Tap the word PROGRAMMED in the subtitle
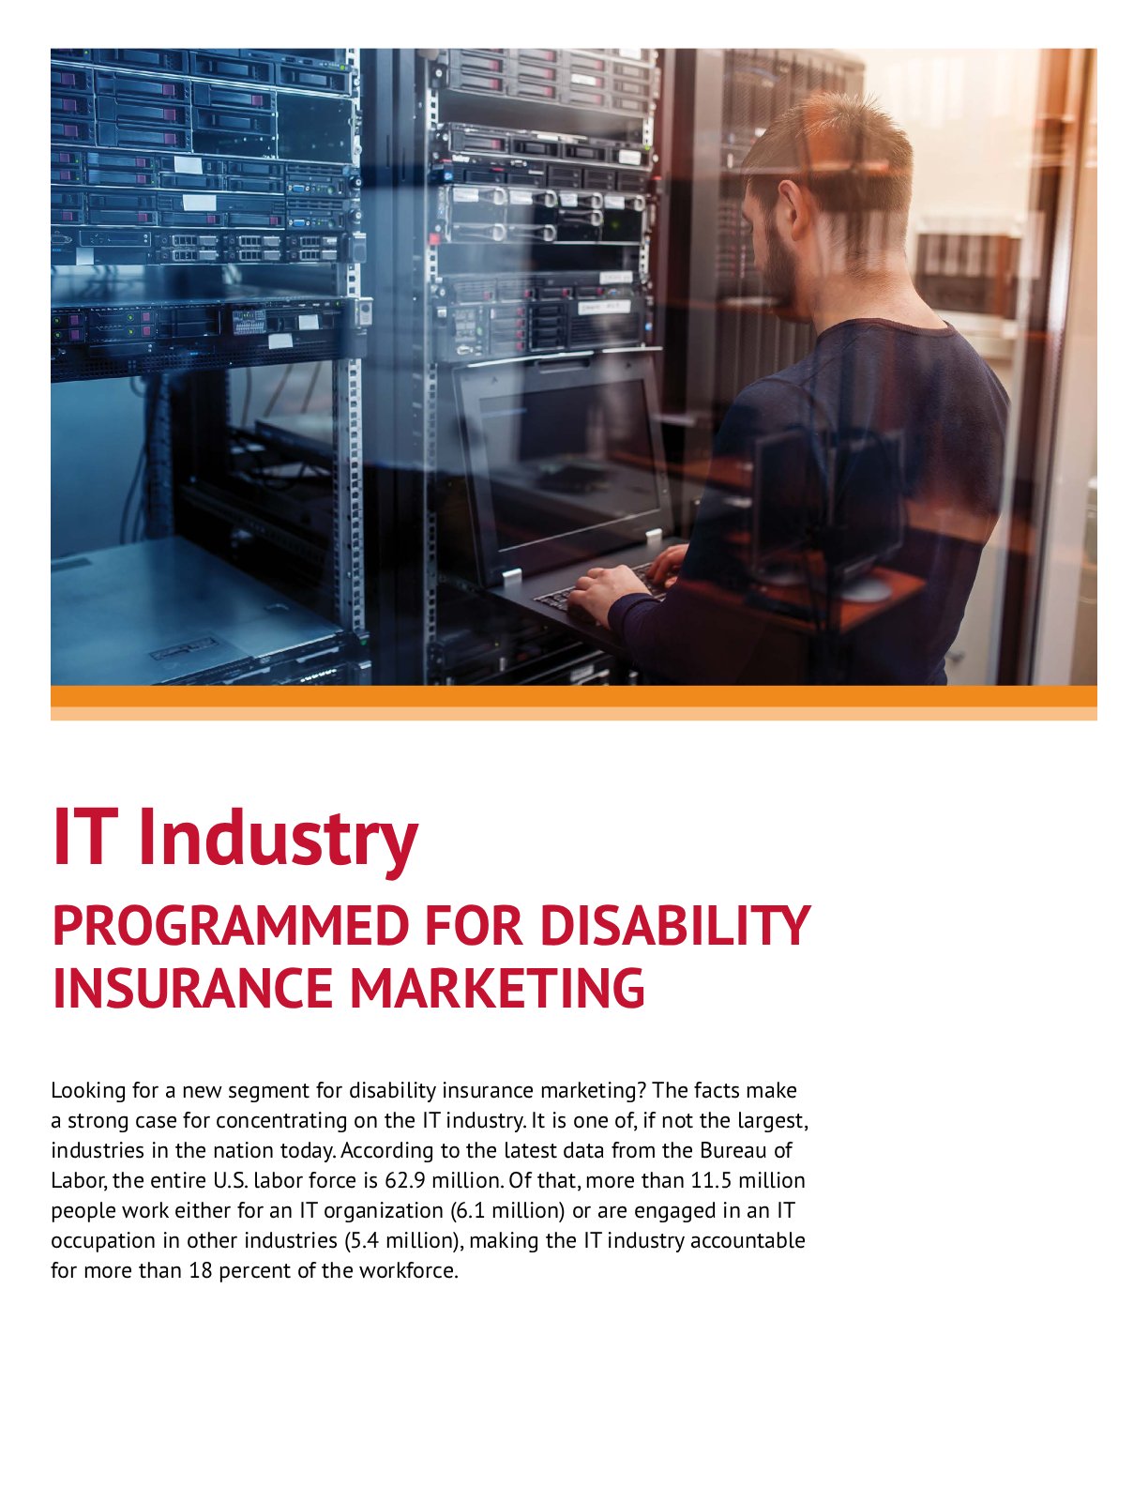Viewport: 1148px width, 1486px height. [x=231, y=926]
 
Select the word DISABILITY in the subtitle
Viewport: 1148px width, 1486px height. [x=675, y=926]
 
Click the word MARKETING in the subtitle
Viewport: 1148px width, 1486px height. [x=497, y=988]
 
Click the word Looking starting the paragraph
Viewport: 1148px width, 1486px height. [x=88, y=1091]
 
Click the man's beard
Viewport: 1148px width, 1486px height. [x=779, y=266]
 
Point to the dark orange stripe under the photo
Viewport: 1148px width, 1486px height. [x=574, y=696]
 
